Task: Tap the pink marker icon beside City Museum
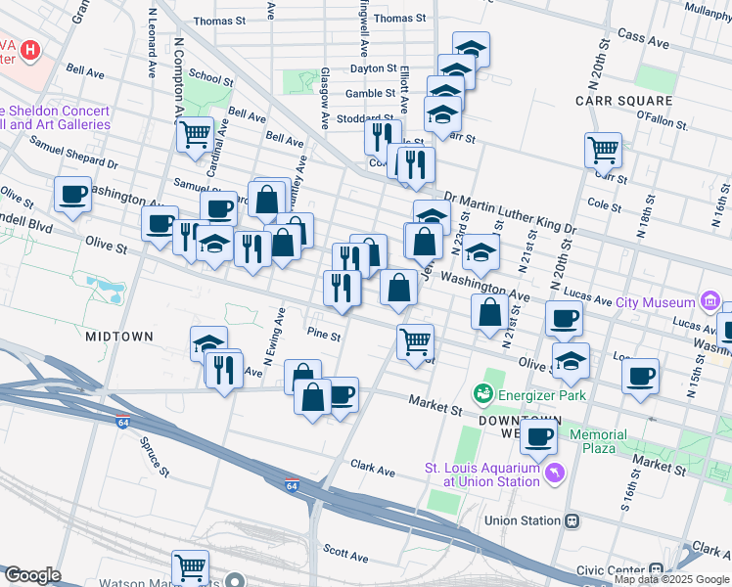coord(709,299)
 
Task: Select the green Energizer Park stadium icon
coord(481,394)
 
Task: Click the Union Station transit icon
coord(572,520)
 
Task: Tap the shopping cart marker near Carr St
coord(603,151)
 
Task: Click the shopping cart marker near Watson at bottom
coord(190,567)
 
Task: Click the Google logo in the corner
coord(32,575)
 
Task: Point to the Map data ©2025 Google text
coord(671,579)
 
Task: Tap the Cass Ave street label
coord(643,43)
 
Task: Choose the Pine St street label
coord(323,336)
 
